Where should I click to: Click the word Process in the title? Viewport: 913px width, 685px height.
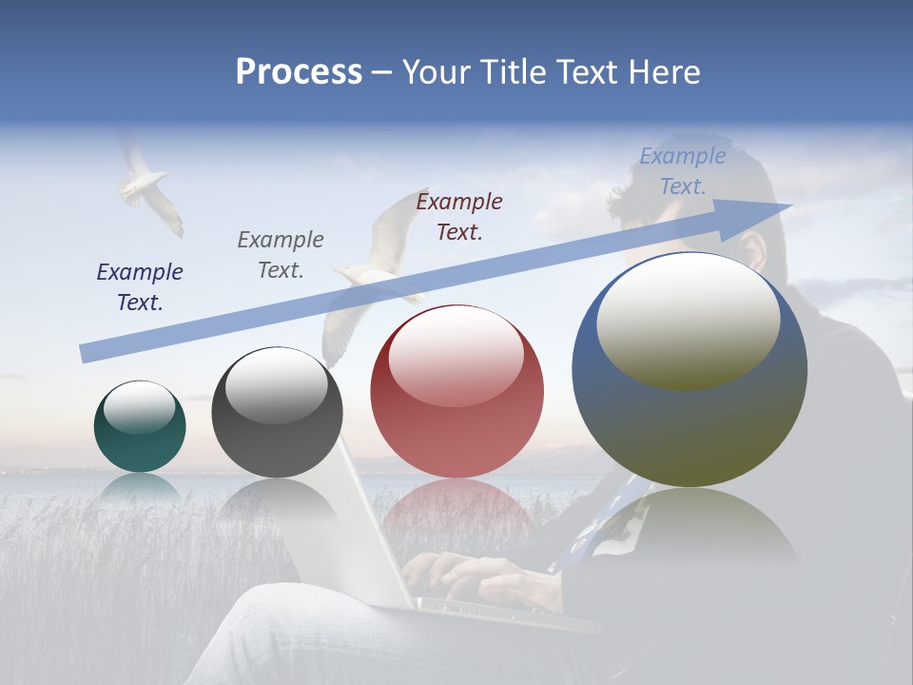(299, 72)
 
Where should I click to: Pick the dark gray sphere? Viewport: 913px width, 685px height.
(277, 414)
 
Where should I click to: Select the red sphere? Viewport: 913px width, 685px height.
(456, 392)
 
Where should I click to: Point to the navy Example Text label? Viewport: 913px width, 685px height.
(140, 286)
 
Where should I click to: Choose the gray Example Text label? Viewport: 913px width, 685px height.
(281, 254)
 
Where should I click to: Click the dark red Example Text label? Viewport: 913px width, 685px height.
(459, 216)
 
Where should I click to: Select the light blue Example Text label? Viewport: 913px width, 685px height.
(682, 171)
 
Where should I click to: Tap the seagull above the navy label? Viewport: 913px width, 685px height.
(147, 186)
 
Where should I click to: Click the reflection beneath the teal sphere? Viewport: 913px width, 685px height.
(140, 487)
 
